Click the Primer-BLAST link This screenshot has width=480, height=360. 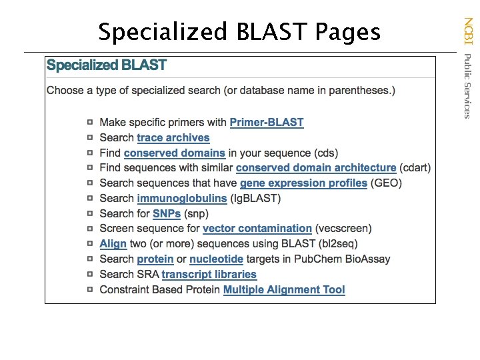pos(266,123)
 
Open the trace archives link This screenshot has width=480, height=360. pos(173,138)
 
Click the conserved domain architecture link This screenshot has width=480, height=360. pos(316,168)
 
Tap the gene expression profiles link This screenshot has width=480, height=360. pos(303,183)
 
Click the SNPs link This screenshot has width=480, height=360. pos(167,214)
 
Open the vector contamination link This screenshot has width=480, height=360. pos(257,229)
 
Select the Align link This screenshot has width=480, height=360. pos(113,244)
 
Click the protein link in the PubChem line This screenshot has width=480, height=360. pos(155,259)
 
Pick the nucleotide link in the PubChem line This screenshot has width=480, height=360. pos(216,259)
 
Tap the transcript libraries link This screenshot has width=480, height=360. pos(209,275)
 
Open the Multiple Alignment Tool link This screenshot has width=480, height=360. pos(284,290)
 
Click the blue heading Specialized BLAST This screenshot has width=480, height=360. pos(107,66)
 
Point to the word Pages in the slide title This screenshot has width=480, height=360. pos(347,31)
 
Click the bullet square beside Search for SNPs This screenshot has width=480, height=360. pos(90,213)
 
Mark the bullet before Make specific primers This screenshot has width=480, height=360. pos(90,122)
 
